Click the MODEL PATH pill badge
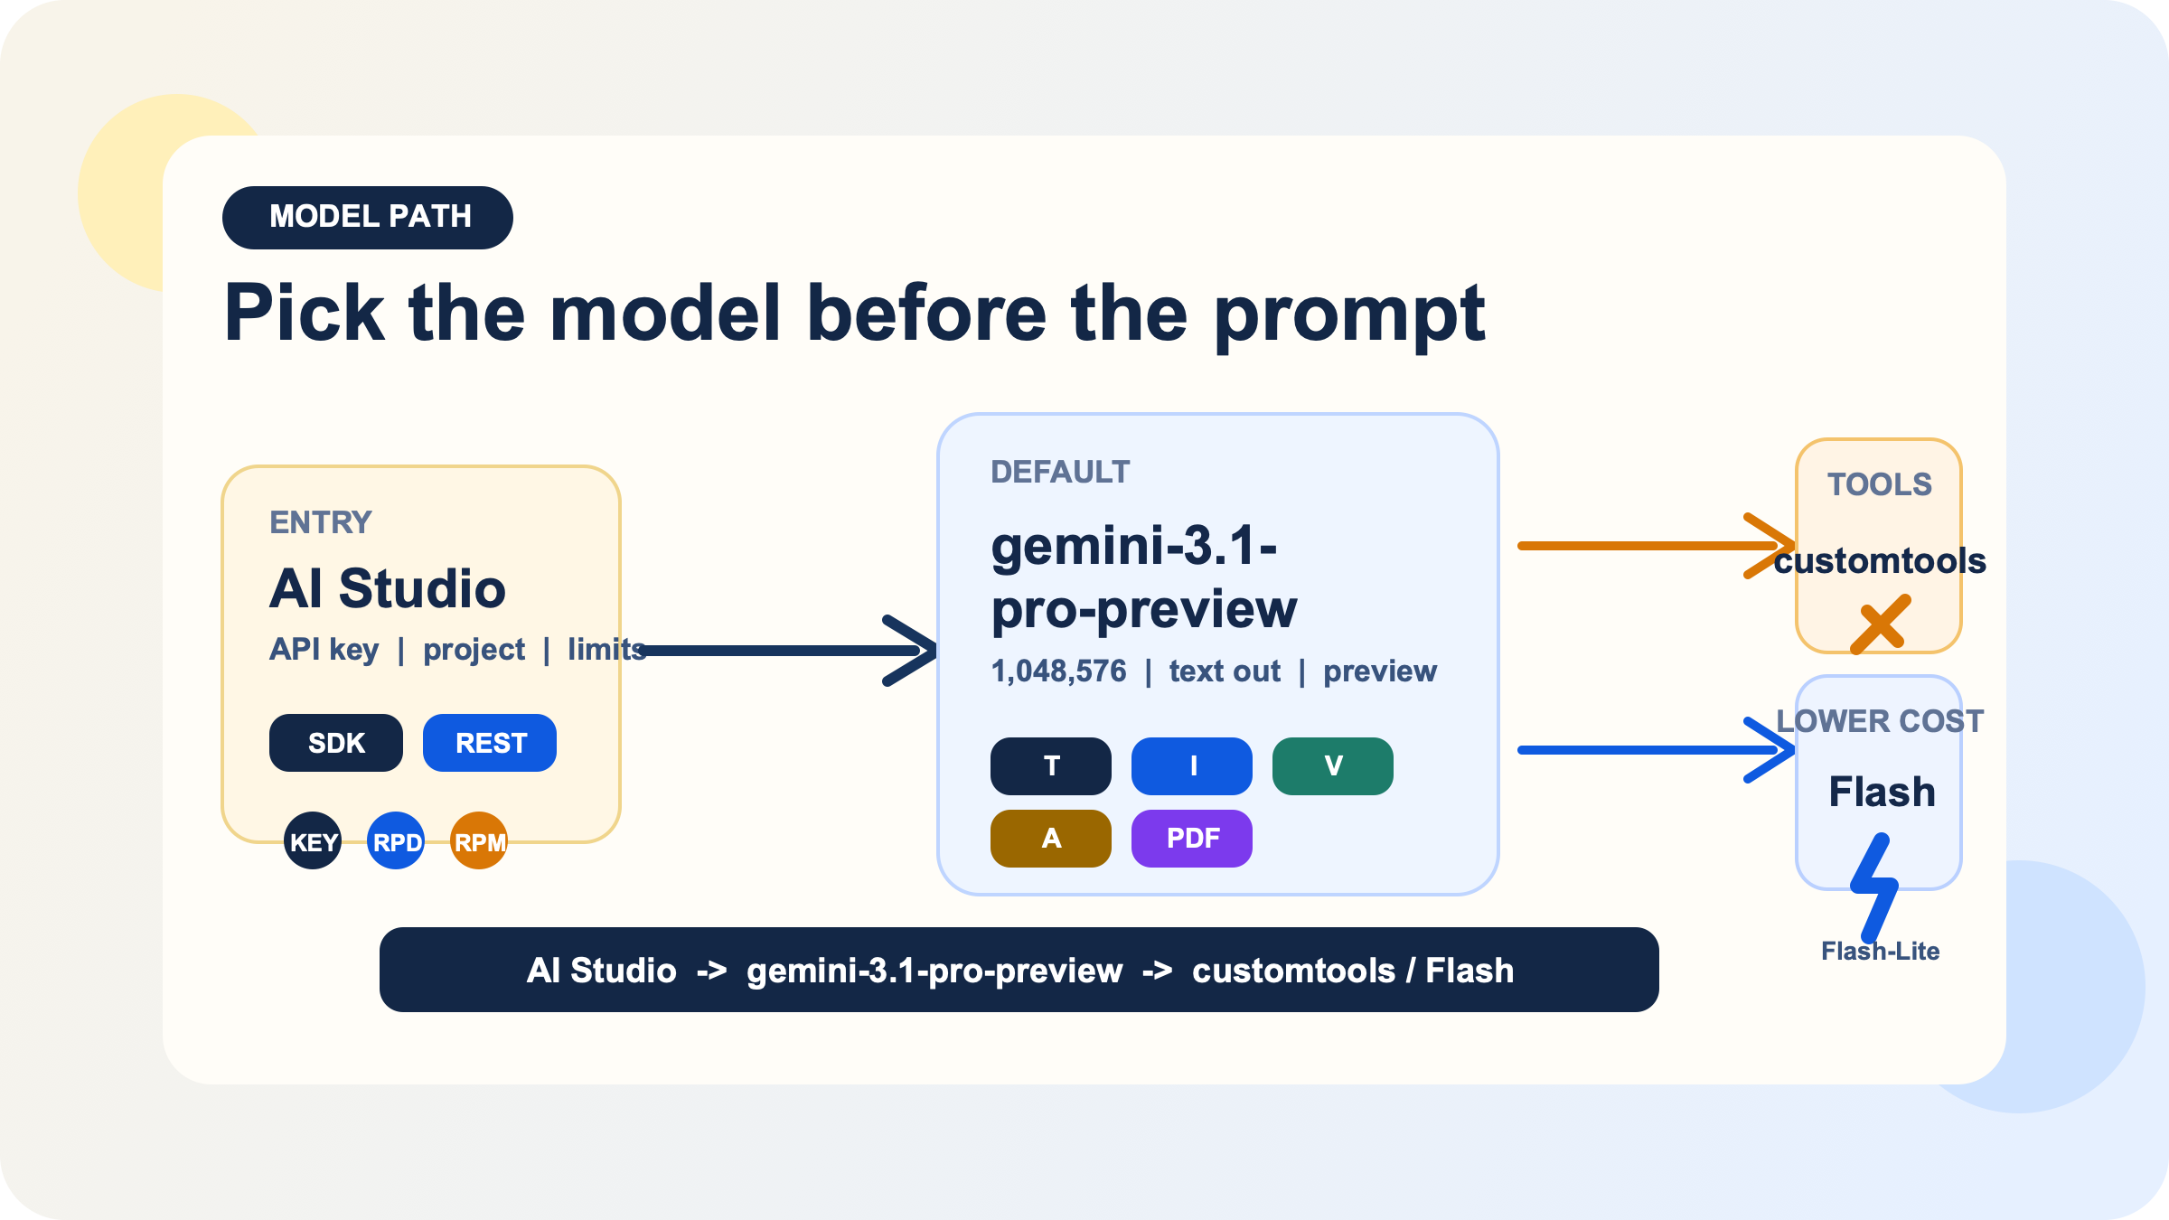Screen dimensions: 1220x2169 368,218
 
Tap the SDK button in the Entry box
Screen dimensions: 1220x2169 336,743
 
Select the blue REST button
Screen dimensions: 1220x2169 490,743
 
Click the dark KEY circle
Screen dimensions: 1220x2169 313,841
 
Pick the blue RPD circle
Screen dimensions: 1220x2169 396,841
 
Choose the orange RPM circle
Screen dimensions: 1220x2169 479,841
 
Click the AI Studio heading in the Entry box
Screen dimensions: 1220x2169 387,588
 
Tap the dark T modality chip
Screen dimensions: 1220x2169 1051,766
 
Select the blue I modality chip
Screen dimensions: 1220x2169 1192,766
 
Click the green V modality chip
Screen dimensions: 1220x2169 1333,766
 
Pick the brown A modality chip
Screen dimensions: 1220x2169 1051,839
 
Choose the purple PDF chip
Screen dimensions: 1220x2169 1192,839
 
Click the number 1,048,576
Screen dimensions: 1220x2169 1058,671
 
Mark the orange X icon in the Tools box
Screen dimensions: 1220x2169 1880,624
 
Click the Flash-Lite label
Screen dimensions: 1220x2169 1880,952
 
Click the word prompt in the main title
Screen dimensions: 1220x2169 1349,316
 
